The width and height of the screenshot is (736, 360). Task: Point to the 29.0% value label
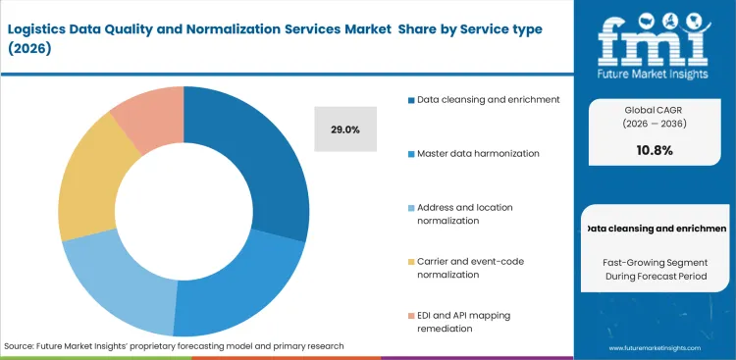click(x=345, y=129)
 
